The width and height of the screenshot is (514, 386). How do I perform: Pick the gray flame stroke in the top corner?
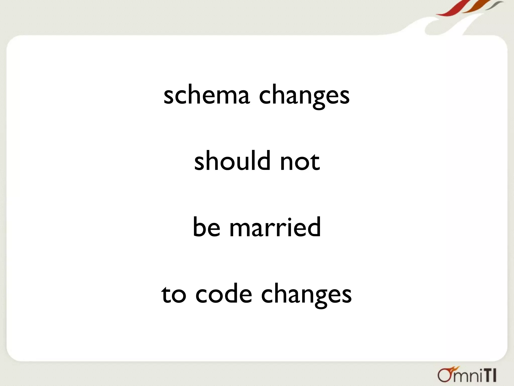[x=492, y=6]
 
